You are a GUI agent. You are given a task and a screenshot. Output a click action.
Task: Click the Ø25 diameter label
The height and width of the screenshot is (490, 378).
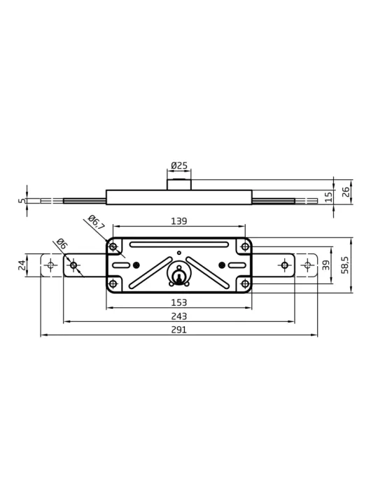[x=179, y=165]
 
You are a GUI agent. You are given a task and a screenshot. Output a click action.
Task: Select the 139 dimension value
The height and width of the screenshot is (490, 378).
[x=179, y=221]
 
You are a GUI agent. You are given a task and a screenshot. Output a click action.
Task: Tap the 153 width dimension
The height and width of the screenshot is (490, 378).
[x=179, y=302]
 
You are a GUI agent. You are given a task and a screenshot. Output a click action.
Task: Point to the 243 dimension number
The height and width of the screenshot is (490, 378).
[x=179, y=316]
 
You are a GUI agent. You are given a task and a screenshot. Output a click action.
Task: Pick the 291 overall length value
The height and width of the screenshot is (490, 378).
[x=179, y=330]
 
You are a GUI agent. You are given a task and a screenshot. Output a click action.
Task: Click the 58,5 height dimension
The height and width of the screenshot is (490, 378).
[x=345, y=265]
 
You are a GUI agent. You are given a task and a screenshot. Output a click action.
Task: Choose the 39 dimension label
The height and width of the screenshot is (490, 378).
[x=325, y=265]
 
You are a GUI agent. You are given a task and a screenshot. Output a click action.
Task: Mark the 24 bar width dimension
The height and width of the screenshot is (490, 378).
[x=22, y=265]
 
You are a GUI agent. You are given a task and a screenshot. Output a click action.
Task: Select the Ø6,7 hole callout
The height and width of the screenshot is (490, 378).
[x=96, y=223]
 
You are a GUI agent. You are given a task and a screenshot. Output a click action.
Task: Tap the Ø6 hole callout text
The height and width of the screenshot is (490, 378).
[x=62, y=244]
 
